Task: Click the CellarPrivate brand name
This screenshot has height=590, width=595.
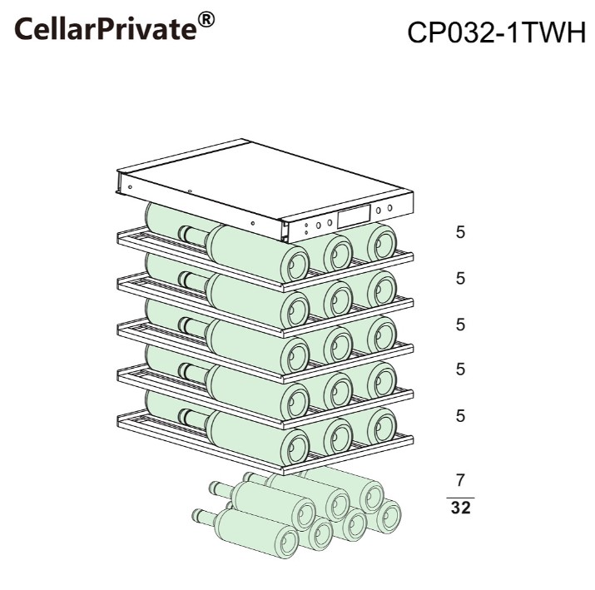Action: pos(106,28)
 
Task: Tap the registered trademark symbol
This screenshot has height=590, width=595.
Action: pos(206,19)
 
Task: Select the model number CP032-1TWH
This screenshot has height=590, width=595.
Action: pos(496,32)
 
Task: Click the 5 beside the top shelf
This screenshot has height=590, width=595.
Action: pos(460,232)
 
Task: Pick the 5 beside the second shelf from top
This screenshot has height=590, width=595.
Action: pos(460,279)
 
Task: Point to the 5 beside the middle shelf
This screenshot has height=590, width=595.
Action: pos(460,325)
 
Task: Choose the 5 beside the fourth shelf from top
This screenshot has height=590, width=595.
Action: pos(460,369)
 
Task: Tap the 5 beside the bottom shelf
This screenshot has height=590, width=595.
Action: pos(460,416)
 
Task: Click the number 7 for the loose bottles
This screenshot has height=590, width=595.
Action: pos(460,480)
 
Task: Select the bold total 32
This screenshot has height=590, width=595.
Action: pos(461,508)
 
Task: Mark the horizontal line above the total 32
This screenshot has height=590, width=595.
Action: pos(460,498)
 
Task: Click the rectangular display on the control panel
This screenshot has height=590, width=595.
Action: pos(354,216)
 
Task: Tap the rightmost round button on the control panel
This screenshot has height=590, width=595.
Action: pos(389,208)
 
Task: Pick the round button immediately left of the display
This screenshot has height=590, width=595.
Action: pos(330,223)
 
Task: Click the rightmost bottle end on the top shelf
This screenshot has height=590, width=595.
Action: pos(382,243)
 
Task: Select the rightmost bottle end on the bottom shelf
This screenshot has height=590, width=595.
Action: pos(382,427)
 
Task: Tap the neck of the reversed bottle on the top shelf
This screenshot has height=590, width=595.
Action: pos(194,236)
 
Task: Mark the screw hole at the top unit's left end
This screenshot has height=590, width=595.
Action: pos(130,187)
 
